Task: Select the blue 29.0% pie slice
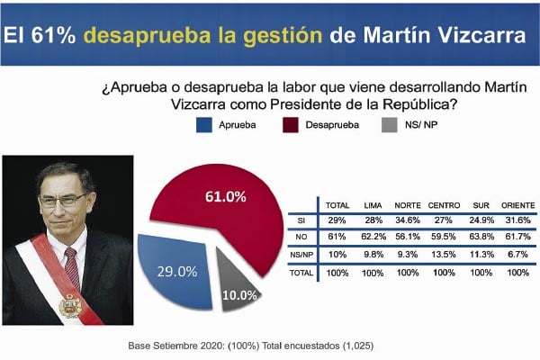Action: pyautogui.click(x=180, y=269)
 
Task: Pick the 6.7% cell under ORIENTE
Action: pyautogui.click(x=515, y=254)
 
